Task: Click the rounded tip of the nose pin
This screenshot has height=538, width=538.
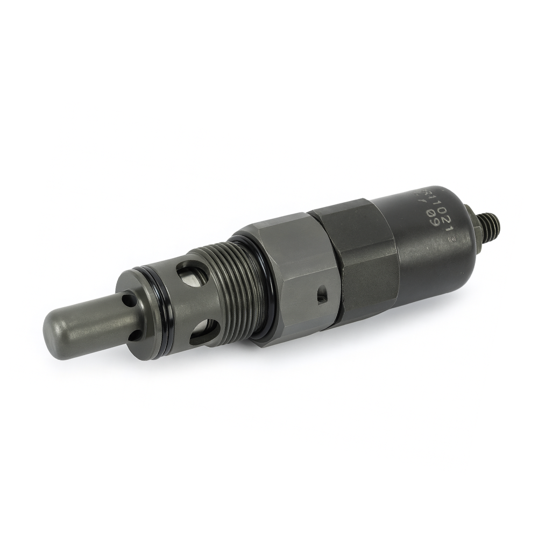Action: pos(54,329)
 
